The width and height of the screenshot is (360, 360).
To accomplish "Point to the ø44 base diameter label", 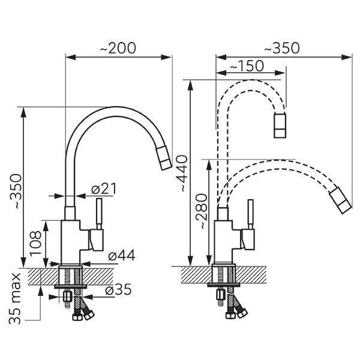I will [121, 256].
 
